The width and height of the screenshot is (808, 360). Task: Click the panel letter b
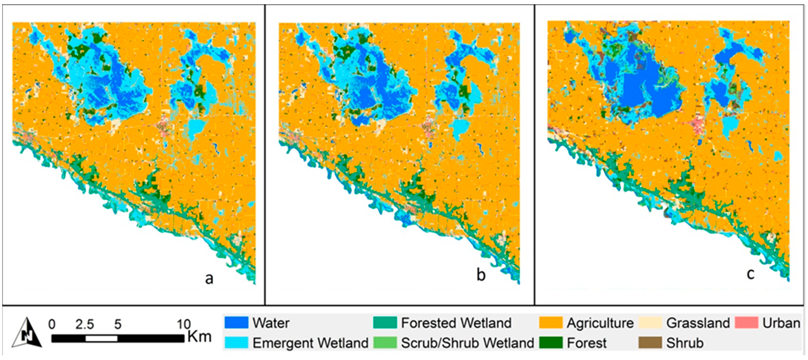pyautogui.click(x=481, y=275)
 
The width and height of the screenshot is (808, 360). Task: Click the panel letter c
pyautogui.click(x=751, y=273)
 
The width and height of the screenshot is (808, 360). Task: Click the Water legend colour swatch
pyautogui.click(x=236, y=323)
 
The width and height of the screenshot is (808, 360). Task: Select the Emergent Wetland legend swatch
pyautogui.click(x=236, y=343)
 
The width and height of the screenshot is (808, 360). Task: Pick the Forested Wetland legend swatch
pyautogui.click(x=385, y=323)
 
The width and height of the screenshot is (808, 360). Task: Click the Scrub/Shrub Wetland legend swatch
pyautogui.click(x=385, y=343)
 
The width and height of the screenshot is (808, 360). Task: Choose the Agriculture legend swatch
pyautogui.click(x=551, y=323)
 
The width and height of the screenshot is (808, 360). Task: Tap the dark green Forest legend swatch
pyautogui.click(x=551, y=343)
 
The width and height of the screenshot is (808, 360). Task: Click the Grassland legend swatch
pyautogui.click(x=650, y=323)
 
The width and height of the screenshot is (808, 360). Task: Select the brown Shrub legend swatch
pyautogui.click(x=650, y=343)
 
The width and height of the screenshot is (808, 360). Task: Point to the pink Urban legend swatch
pyautogui.click(x=747, y=323)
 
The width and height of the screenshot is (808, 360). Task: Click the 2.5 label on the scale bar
pyautogui.click(x=85, y=324)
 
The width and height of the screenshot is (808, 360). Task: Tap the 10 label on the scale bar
pyautogui.click(x=184, y=324)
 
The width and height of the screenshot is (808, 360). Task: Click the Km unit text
pyautogui.click(x=200, y=337)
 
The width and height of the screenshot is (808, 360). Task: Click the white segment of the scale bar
pyautogui.click(x=101, y=339)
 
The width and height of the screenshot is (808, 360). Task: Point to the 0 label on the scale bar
pyautogui.click(x=52, y=324)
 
